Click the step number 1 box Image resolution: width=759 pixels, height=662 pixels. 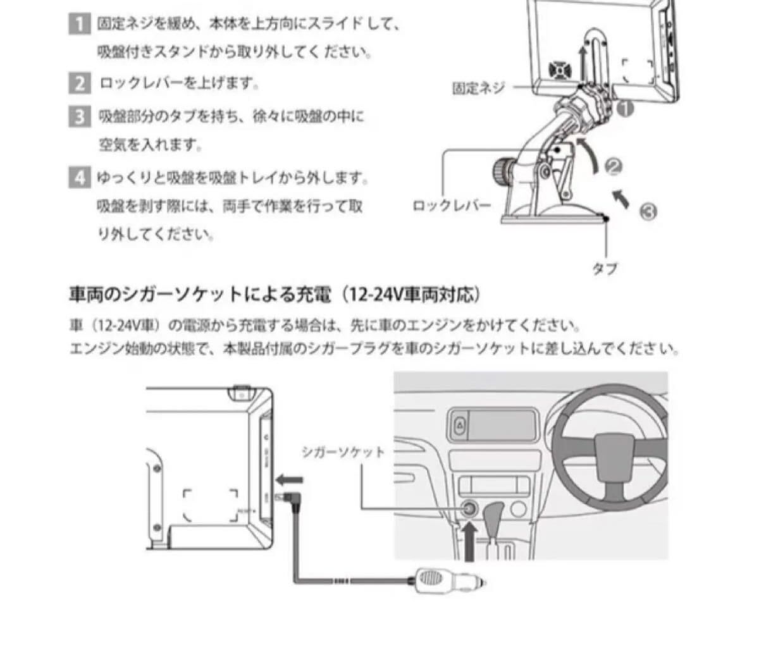pos(78,25)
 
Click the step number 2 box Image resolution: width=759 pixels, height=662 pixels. pos(78,83)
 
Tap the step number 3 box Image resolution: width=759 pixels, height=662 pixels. pos(78,117)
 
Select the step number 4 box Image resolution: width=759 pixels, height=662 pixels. pos(78,178)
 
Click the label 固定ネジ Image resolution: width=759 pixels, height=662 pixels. pos(478,89)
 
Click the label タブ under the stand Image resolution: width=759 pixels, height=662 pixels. pos(604,268)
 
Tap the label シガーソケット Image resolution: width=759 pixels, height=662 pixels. pos(342,452)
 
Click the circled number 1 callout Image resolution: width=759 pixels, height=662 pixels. pos(625,109)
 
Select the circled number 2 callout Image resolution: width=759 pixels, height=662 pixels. pos(614,167)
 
